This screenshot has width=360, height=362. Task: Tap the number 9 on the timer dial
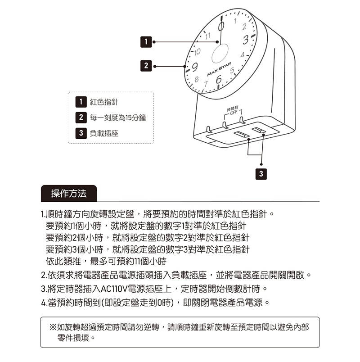[194, 68]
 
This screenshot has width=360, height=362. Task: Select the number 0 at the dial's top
[221, 26]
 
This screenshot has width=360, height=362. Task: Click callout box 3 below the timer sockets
[262, 173]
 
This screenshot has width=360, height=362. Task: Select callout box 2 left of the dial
[145, 66]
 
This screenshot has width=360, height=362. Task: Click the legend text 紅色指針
[104, 102]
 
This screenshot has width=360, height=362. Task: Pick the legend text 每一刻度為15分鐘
[117, 118]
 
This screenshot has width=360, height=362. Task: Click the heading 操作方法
[69, 194]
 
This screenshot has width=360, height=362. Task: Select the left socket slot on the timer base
[241, 135]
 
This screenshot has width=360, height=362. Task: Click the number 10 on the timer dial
[197, 52]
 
